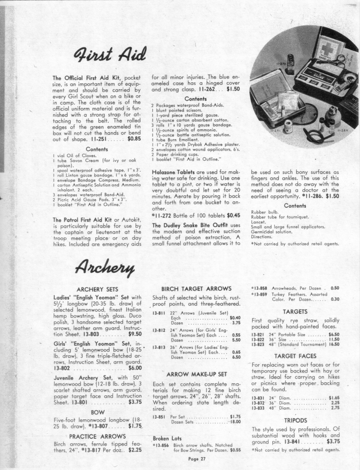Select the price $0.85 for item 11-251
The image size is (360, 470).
tap(135, 139)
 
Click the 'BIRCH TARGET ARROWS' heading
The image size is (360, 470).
tap(196, 289)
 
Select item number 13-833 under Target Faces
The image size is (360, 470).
tap(258, 408)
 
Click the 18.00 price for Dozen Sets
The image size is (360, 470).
tap(235, 422)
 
